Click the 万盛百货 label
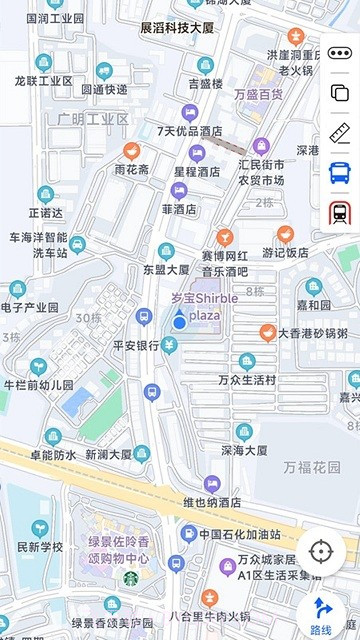[258, 95]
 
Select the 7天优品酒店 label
[189, 131]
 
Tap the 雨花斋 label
[131, 170]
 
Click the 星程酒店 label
[196, 171]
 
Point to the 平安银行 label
[135, 346]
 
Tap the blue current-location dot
[179, 321]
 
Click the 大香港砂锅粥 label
[312, 333]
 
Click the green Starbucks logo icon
[130, 578]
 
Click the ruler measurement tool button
[339, 132]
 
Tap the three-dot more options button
[339, 53]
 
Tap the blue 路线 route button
[321, 613]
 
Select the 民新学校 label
[40, 547]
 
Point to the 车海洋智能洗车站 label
[38, 245]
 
